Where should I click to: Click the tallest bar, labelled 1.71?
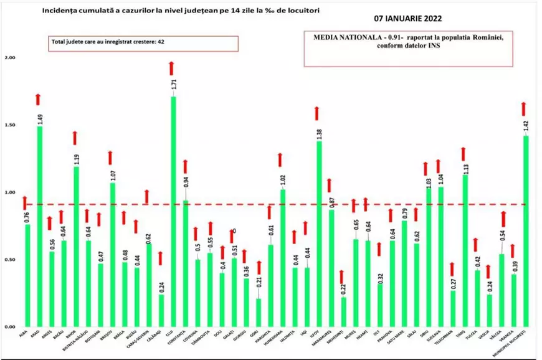(x=173, y=212)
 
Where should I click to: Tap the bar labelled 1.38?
(x=318, y=234)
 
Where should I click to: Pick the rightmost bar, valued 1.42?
(x=525, y=231)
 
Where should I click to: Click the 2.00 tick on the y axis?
(x=10, y=58)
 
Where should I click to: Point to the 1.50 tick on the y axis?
(x=10, y=125)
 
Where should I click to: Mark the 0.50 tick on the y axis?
(x=10, y=260)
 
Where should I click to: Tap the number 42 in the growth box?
(x=161, y=43)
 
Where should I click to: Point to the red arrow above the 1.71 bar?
(x=172, y=68)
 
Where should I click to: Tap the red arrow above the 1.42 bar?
(x=523, y=108)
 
